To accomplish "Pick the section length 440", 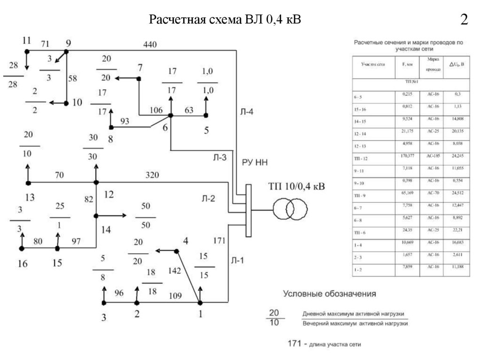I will click(x=150, y=45).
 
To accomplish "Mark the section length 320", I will click(x=151, y=176).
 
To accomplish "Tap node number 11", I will click(x=26, y=40).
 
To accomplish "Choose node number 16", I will click(x=23, y=263).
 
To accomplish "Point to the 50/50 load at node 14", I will click(x=146, y=216).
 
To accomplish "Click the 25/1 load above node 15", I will click(x=59, y=216).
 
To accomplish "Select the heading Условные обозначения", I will click(x=329, y=294).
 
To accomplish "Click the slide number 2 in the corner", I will click(x=464, y=20).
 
